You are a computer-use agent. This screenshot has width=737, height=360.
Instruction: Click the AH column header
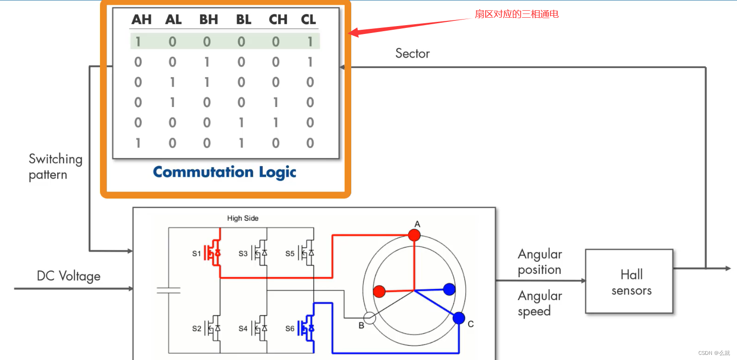(141, 20)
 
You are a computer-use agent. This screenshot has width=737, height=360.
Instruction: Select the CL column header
(308, 20)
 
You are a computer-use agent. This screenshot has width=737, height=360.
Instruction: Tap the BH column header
(208, 20)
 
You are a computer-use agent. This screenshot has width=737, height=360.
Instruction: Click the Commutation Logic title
(225, 172)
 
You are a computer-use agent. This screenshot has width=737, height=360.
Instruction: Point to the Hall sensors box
(629, 281)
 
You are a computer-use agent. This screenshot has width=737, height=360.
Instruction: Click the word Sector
(412, 53)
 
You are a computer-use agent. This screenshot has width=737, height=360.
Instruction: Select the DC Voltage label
(68, 276)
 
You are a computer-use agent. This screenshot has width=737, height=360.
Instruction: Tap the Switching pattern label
(55, 167)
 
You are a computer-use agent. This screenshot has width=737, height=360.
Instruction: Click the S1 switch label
(196, 253)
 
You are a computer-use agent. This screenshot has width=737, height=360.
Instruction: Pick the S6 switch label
(289, 328)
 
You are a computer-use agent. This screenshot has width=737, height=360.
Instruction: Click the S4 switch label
(243, 328)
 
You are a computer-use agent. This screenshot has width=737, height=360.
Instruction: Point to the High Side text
(242, 218)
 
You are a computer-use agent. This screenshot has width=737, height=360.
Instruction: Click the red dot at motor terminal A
(414, 235)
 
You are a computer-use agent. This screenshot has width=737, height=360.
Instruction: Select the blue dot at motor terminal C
(459, 318)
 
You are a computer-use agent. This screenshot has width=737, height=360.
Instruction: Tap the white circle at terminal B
(369, 318)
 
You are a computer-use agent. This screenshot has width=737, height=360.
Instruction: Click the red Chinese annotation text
(516, 14)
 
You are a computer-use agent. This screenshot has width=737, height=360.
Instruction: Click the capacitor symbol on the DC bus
(168, 291)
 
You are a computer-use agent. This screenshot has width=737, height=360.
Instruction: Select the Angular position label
(540, 262)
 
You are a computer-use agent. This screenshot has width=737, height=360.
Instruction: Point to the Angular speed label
(540, 303)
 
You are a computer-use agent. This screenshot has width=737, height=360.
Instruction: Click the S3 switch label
(243, 253)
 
